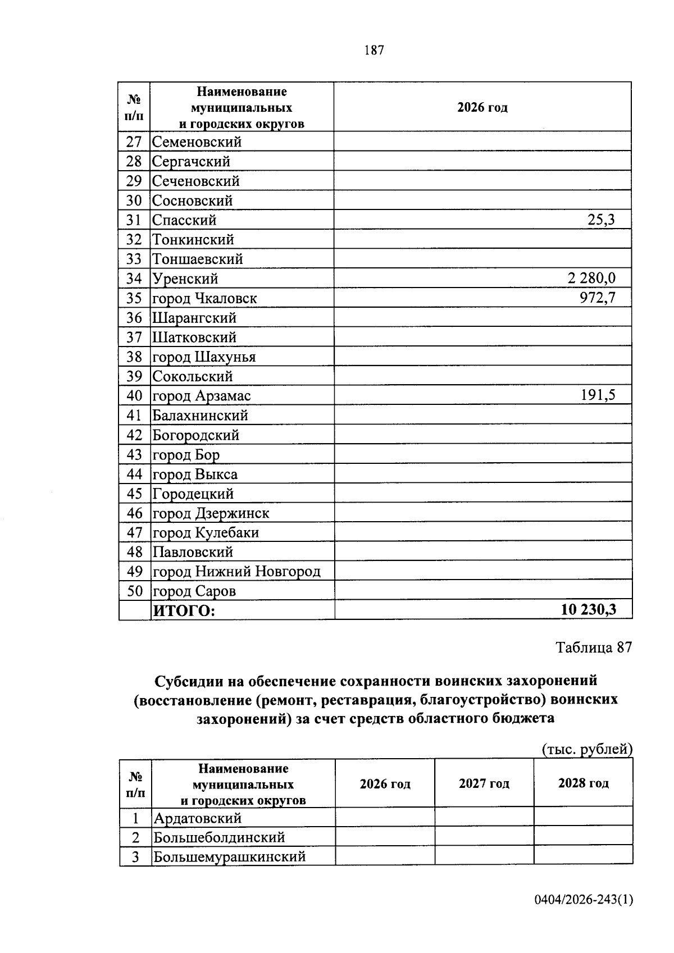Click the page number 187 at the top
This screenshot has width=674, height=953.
(x=374, y=51)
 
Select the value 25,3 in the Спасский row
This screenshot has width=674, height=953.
(x=601, y=220)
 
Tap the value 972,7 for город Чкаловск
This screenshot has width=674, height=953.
(x=598, y=297)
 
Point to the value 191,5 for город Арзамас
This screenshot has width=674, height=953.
(x=598, y=395)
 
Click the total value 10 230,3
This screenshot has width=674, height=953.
(x=588, y=610)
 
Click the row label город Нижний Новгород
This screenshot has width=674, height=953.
(x=236, y=571)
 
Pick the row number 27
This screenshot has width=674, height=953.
(x=134, y=142)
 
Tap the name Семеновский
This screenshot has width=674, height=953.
(x=197, y=142)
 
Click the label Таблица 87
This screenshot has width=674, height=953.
(x=594, y=648)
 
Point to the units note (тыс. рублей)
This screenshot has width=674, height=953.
(x=587, y=749)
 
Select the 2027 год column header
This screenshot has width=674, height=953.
(x=484, y=783)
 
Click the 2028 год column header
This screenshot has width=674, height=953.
(x=583, y=783)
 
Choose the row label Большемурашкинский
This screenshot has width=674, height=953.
(x=230, y=856)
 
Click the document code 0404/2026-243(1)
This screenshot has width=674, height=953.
(x=584, y=900)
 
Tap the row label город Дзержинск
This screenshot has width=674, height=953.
(x=211, y=513)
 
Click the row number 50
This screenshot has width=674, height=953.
(x=134, y=591)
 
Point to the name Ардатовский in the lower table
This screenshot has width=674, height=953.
(x=198, y=818)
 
